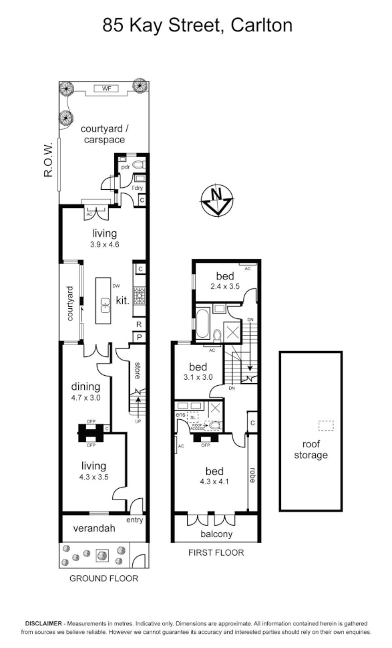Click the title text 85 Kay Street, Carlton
[x=197, y=25]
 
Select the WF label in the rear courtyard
[x=105, y=88]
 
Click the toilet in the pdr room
[x=138, y=163]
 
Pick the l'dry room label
[x=138, y=189]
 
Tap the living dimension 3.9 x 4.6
[x=105, y=245]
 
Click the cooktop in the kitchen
[x=140, y=295]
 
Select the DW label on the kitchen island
[x=116, y=286]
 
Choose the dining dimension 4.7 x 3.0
[x=85, y=398]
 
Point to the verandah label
[x=94, y=528]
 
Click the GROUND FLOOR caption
[x=104, y=578]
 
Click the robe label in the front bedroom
[x=252, y=475]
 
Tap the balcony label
[x=216, y=534]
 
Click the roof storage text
[x=311, y=449]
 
